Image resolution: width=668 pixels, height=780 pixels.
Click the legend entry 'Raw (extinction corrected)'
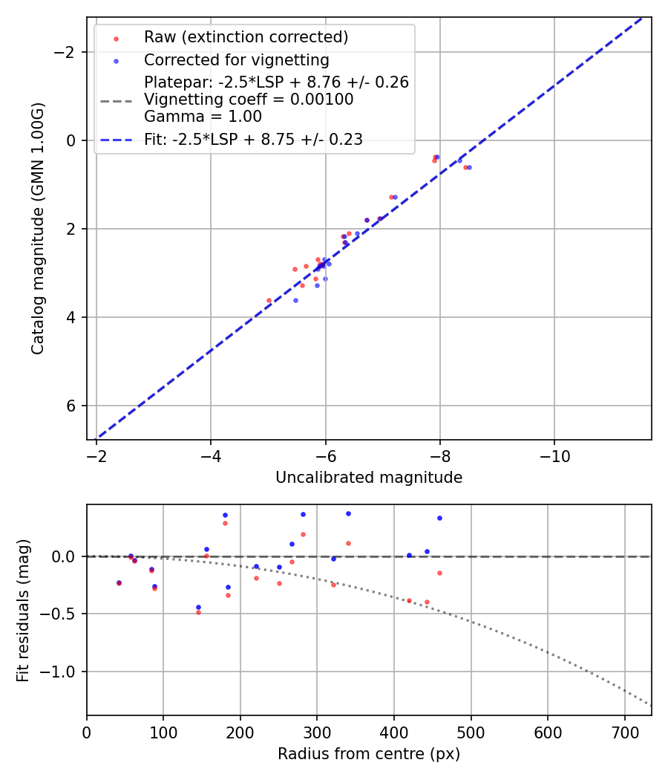coord(246,37)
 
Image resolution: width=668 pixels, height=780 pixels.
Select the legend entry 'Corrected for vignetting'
coord(236,59)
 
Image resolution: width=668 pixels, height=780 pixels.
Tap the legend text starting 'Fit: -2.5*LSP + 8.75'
coord(253,140)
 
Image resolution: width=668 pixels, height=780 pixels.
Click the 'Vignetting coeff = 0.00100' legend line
coord(249,100)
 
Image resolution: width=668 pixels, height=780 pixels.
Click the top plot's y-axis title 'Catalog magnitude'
coord(38,228)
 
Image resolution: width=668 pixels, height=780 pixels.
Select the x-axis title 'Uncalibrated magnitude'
coord(369,478)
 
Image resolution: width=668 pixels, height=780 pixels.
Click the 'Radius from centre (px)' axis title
coord(369,754)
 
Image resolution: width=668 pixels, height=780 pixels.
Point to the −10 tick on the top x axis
coord(554,455)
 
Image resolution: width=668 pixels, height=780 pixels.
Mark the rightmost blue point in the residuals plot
coord(439,518)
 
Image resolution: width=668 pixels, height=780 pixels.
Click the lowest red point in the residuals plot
coord(198,612)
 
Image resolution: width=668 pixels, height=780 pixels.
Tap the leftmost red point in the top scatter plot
coord(269,300)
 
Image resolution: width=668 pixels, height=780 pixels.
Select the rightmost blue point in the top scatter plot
coord(469,167)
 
